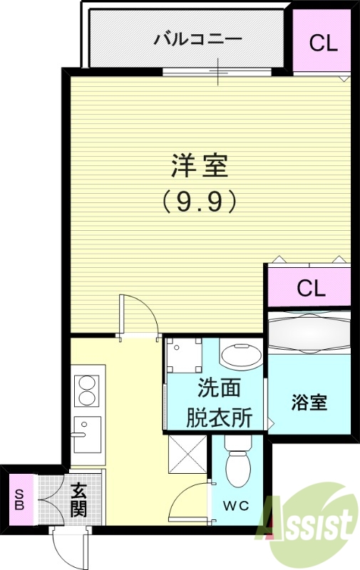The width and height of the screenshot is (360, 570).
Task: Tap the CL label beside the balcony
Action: point(323,43)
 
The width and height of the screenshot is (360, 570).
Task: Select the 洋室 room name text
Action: point(200,166)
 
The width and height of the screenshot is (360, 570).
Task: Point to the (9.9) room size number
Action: point(199,202)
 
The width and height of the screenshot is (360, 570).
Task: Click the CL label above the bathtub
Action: point(311,289)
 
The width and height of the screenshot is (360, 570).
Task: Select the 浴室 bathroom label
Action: point(309,402)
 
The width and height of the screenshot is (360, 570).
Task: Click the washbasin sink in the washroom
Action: point(240,356)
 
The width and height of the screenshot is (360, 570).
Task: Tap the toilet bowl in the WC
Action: point(237,467)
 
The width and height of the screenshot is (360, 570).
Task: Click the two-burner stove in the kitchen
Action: point(88,390)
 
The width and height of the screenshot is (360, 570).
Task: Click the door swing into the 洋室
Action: point(135,313)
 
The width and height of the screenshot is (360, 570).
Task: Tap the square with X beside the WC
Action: point(187,453)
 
